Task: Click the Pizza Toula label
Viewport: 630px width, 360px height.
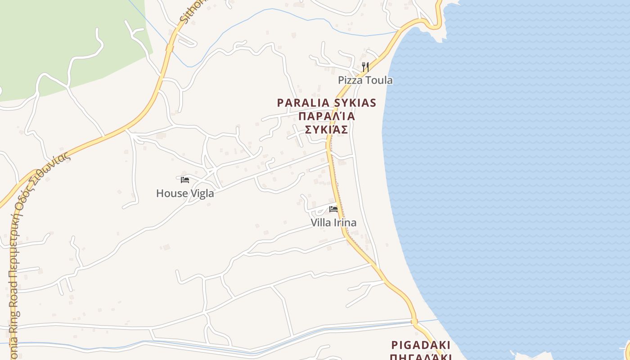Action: coord(365,81)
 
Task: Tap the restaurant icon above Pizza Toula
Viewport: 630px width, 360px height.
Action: coord(365,67)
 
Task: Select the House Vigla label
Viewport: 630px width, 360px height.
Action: coord(185,193)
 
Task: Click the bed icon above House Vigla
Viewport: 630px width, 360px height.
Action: coord(184,180)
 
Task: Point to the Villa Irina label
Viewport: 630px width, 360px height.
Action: coord(333,223)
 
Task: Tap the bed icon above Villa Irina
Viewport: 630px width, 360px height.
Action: coord(333,209)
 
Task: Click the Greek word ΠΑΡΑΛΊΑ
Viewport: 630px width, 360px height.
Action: coord(327,117)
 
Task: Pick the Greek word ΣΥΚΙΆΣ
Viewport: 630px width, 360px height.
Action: coord(327,130)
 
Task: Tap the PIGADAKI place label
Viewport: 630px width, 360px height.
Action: coord(421,345)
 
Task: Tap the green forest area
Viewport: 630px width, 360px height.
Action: coord(54,40)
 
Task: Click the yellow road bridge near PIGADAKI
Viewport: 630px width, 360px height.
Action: coord(414,322)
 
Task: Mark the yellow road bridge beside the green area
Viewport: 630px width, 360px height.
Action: coord(170,48)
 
